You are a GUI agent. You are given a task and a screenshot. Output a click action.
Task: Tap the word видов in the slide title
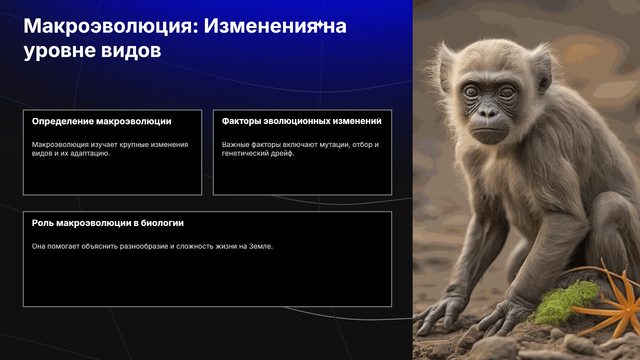(131, 51)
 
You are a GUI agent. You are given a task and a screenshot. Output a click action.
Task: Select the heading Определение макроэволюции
(102, 122)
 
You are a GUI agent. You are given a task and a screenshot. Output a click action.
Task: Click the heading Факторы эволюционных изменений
(302, 121)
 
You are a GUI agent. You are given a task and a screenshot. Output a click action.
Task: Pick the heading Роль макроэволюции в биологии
(108, 223)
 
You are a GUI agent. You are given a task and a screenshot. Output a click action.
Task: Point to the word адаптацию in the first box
(90, 154)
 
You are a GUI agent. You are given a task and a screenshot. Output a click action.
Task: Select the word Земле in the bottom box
(261, 246)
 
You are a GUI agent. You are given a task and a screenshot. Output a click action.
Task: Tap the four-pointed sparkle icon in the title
(320, 25)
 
